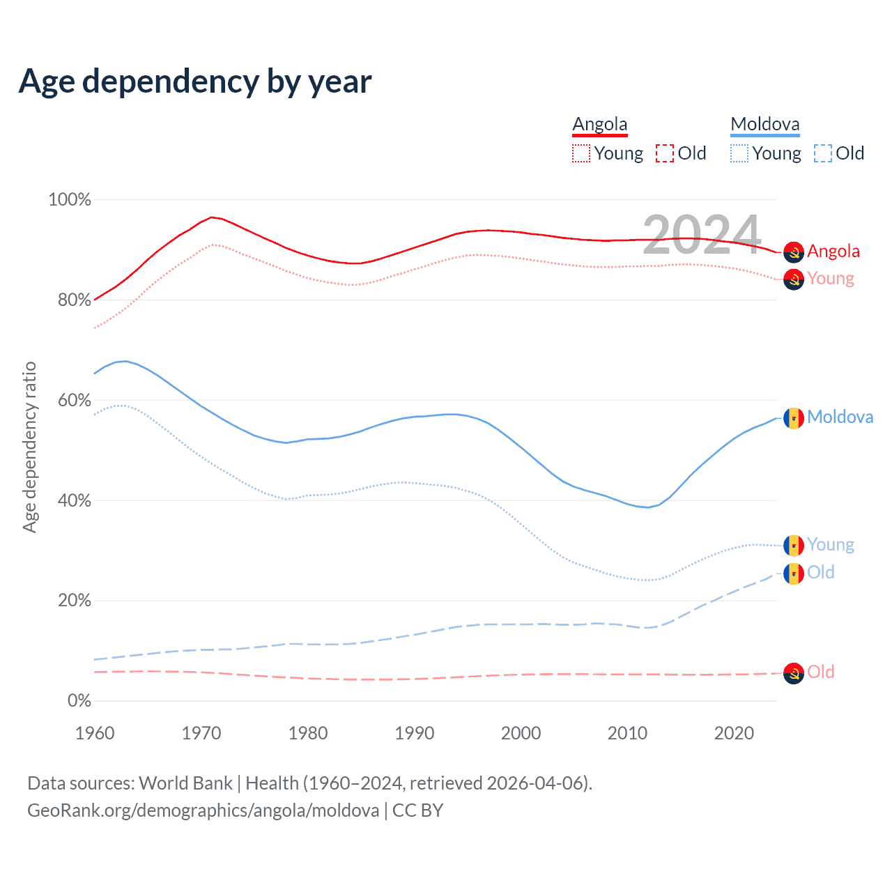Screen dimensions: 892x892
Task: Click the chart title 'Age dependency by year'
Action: pos(195,81)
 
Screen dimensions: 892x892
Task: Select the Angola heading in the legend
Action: pos(600,125)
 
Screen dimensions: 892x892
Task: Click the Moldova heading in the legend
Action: pos(765,125)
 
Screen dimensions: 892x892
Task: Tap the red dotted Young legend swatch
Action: pos(581,153)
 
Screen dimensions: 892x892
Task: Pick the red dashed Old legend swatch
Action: pos(665,153)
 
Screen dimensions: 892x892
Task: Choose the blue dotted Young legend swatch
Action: pos(739,153)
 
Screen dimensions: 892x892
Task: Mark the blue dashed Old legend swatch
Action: pos(823,153)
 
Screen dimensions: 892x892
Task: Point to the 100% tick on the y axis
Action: pos(70,200)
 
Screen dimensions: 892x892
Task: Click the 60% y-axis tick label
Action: pos(74,401)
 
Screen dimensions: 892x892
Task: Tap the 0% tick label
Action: pos(79,701)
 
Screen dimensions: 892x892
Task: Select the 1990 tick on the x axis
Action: pos(415,733)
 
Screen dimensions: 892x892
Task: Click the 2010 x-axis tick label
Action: pos(628,733)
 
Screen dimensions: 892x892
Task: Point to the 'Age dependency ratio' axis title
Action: pos(29,447)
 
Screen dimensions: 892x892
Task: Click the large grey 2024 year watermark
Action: pos(702,235)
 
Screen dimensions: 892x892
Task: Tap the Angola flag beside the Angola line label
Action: pos(794,252)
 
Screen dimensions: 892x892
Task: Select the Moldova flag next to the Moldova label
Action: pos(794,418)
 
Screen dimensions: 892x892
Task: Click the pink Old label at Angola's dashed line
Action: pos(821,672)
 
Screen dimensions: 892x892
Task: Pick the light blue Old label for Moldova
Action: pos(821,573)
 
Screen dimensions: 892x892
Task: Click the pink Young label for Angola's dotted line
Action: pos(831,279)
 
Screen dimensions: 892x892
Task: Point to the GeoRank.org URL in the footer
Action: pos(203,810)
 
